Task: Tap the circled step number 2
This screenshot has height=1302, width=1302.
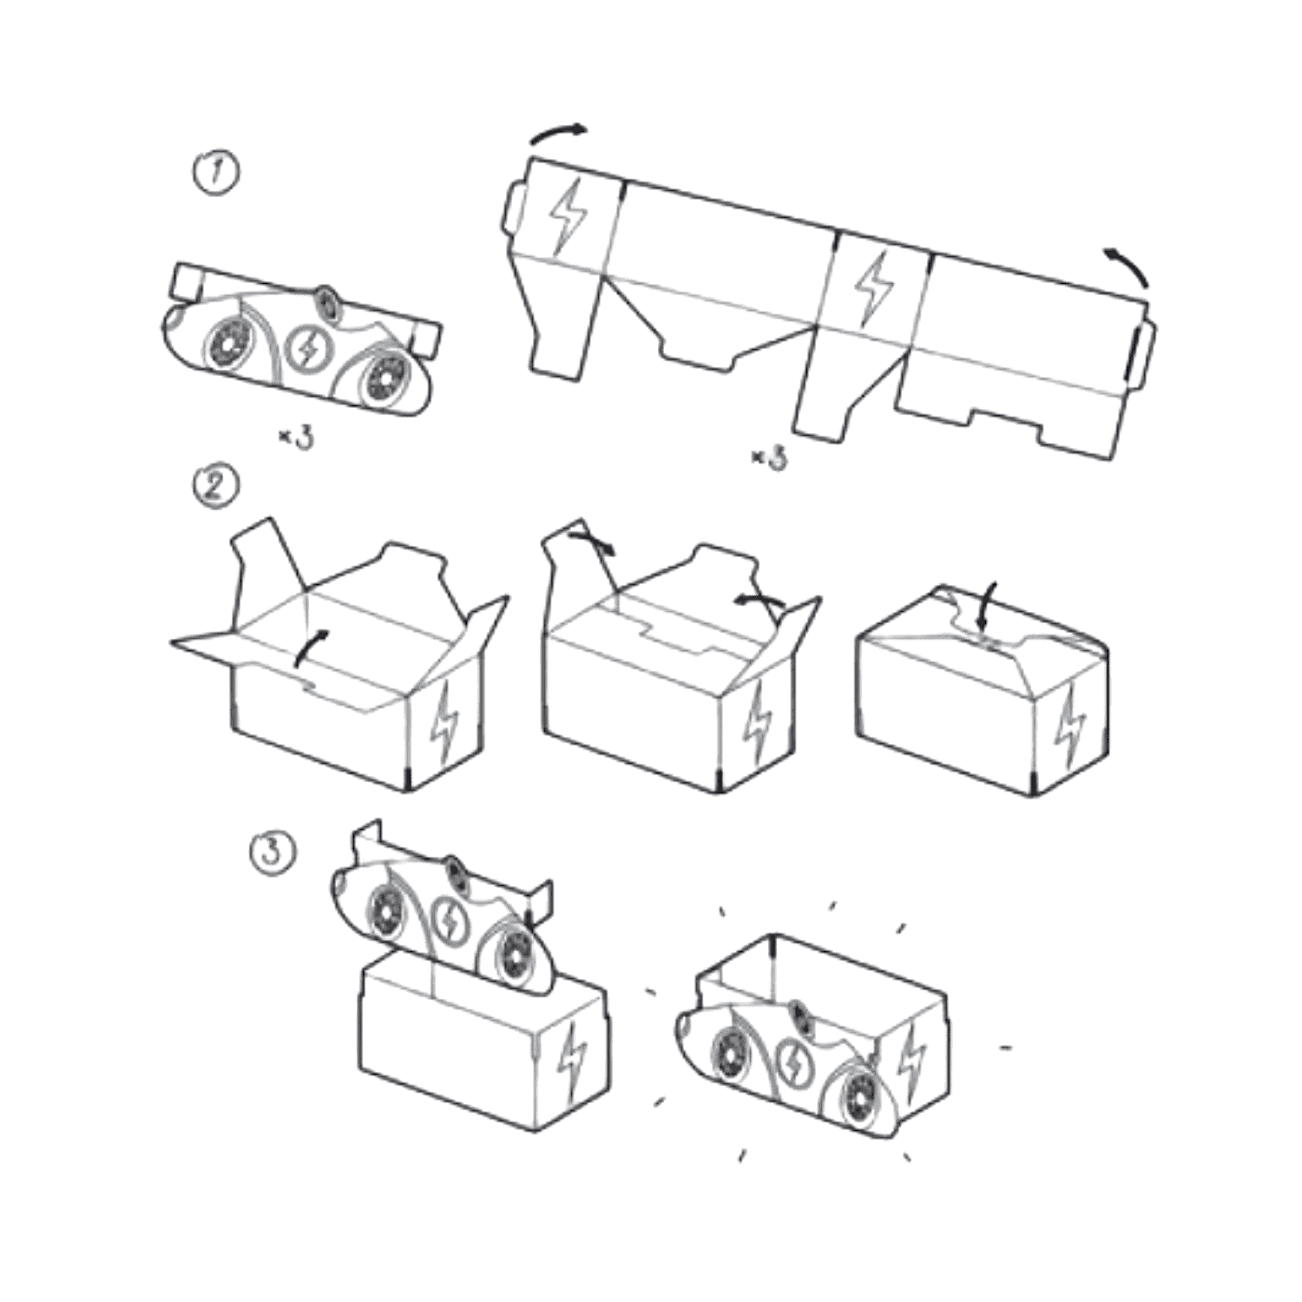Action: click(215, 485)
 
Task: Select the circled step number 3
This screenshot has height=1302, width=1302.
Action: click(273, 852)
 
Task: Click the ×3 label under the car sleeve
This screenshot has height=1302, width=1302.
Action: click(296, 437)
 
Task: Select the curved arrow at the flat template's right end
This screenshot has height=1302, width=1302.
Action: click(1128, 266)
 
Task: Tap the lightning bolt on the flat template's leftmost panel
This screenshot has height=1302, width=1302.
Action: click(569, 216)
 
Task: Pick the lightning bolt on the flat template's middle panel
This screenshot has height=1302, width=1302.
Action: click(874, 289)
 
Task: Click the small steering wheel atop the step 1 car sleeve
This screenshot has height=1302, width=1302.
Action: click(328, 301)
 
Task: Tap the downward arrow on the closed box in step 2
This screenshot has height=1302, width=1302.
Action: click(986, 608)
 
